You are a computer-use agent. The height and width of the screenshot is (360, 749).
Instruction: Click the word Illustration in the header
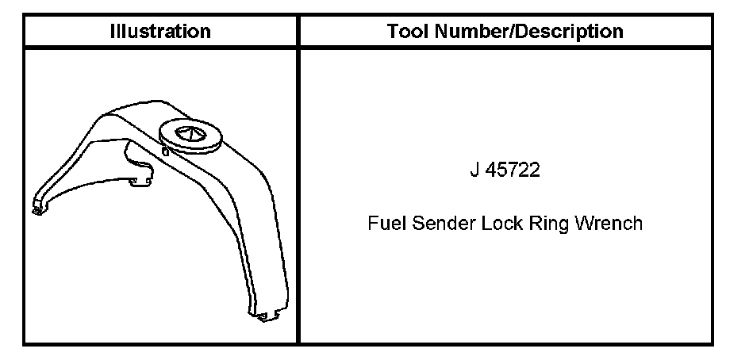(160, 32)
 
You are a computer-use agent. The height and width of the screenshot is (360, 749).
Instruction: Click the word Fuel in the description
(386, 223)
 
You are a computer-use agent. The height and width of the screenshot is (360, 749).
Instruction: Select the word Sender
(440, 223)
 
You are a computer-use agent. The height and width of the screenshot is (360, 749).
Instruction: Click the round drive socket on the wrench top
(191, 133)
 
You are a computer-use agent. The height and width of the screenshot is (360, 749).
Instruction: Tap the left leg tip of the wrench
(36, 209)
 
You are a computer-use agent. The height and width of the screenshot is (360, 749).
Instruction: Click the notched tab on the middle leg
(141, 181)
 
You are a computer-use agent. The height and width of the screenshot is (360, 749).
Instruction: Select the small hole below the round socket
(163, 151)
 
